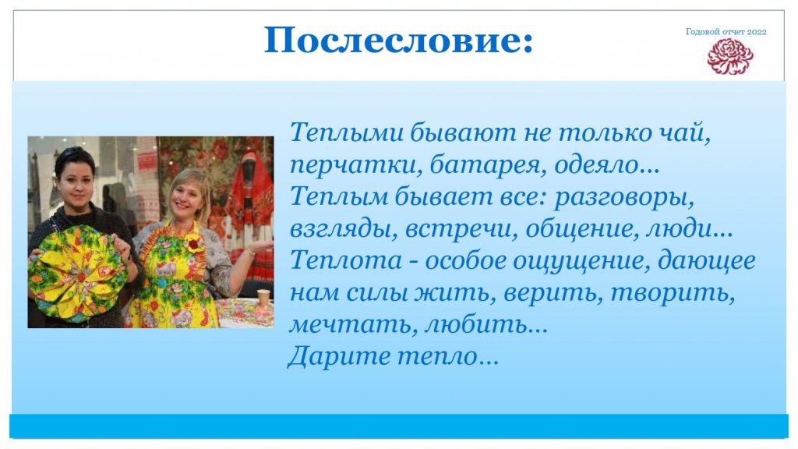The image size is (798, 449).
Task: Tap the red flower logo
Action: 729,56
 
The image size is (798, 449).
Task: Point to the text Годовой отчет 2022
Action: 726,31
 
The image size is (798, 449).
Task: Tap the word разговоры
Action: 624,197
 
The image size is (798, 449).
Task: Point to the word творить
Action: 672,293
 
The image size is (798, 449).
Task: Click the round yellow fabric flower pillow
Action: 77,274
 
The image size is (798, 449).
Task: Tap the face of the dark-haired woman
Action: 76,181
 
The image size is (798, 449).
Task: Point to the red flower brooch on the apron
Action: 193,244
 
